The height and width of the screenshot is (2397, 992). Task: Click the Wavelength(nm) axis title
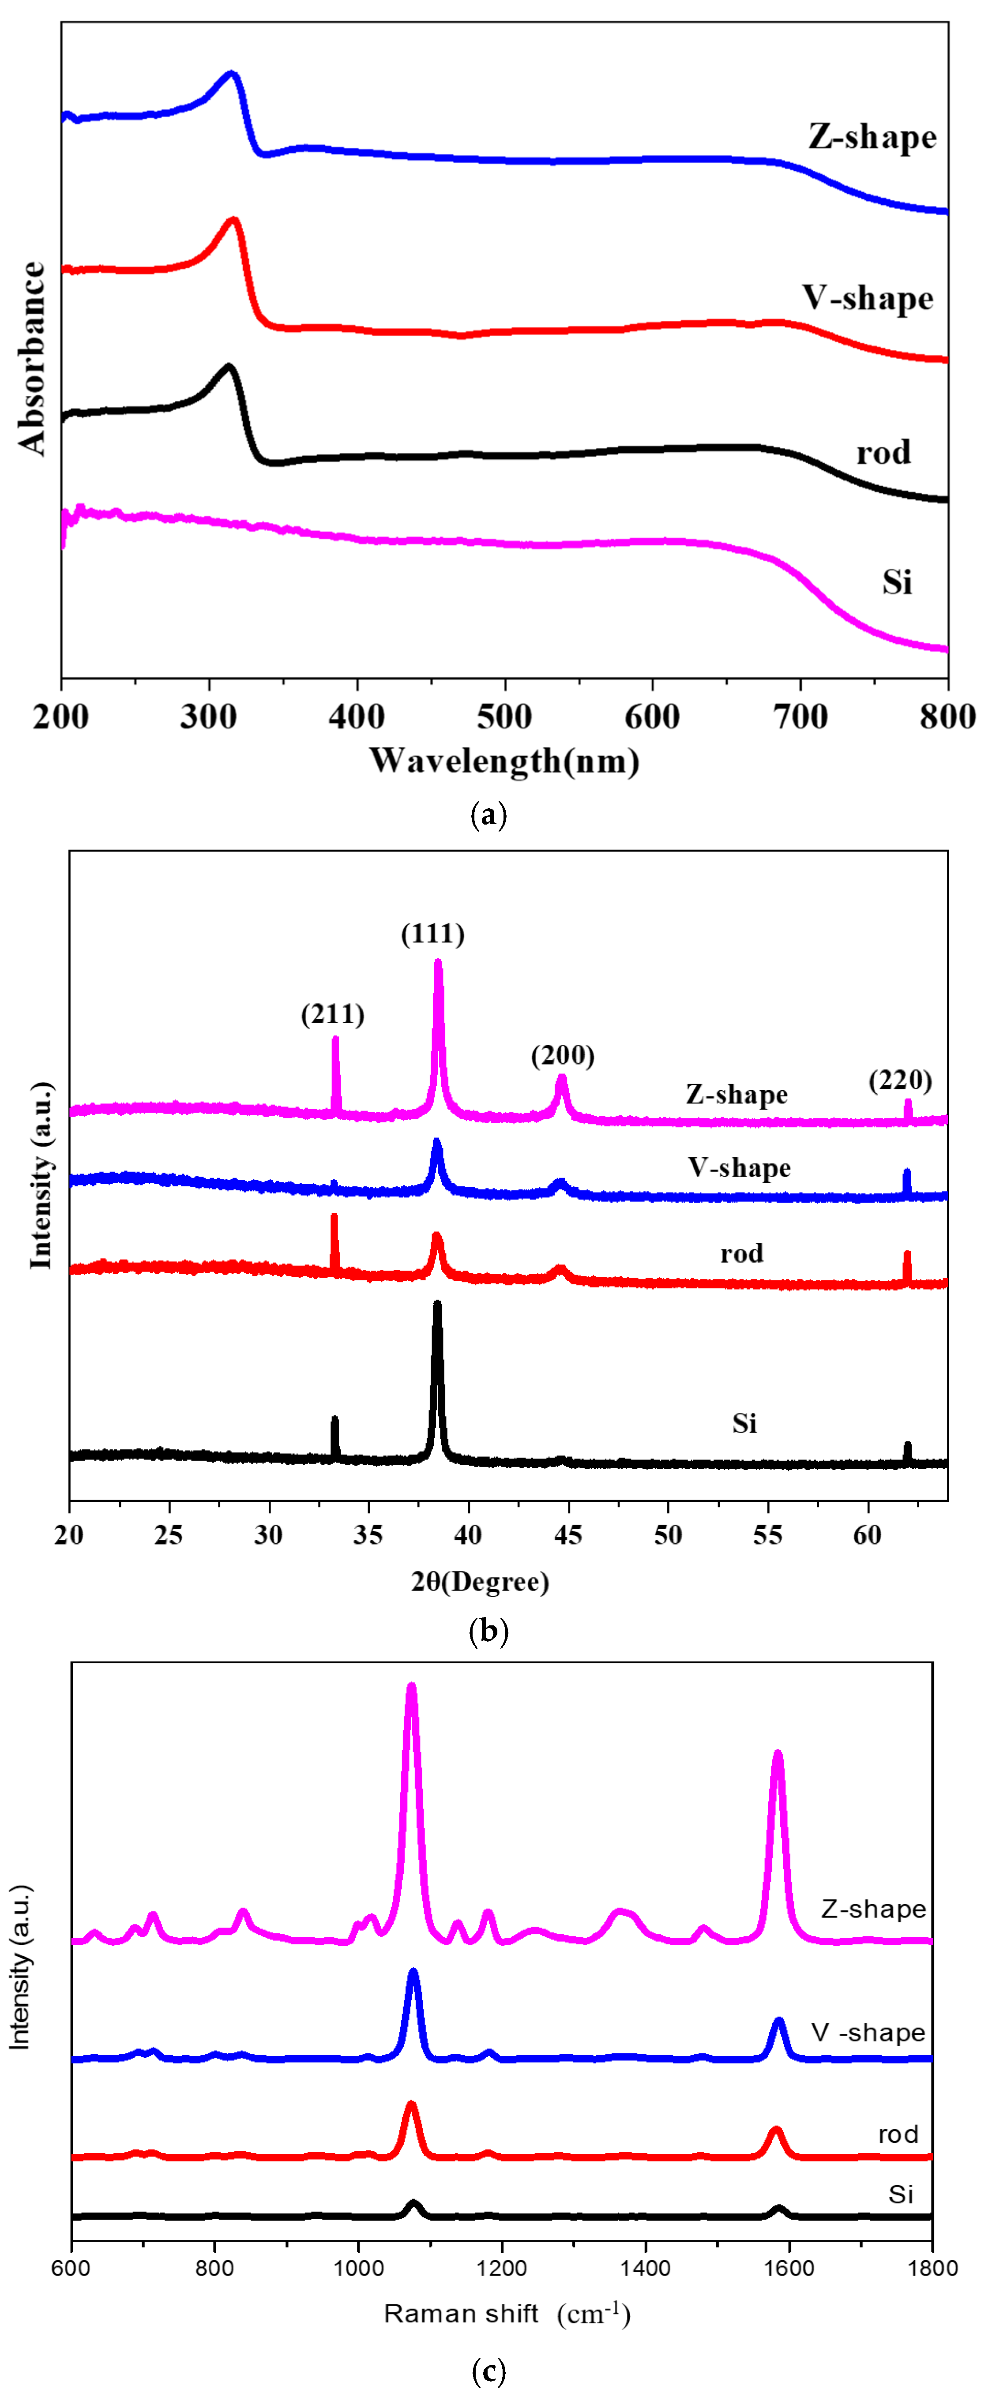(504, 761)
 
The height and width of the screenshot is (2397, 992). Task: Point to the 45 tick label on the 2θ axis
(567, 1534)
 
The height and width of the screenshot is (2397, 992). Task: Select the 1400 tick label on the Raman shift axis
(645, 2268)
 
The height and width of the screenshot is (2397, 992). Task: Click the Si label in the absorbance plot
(897, 581)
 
